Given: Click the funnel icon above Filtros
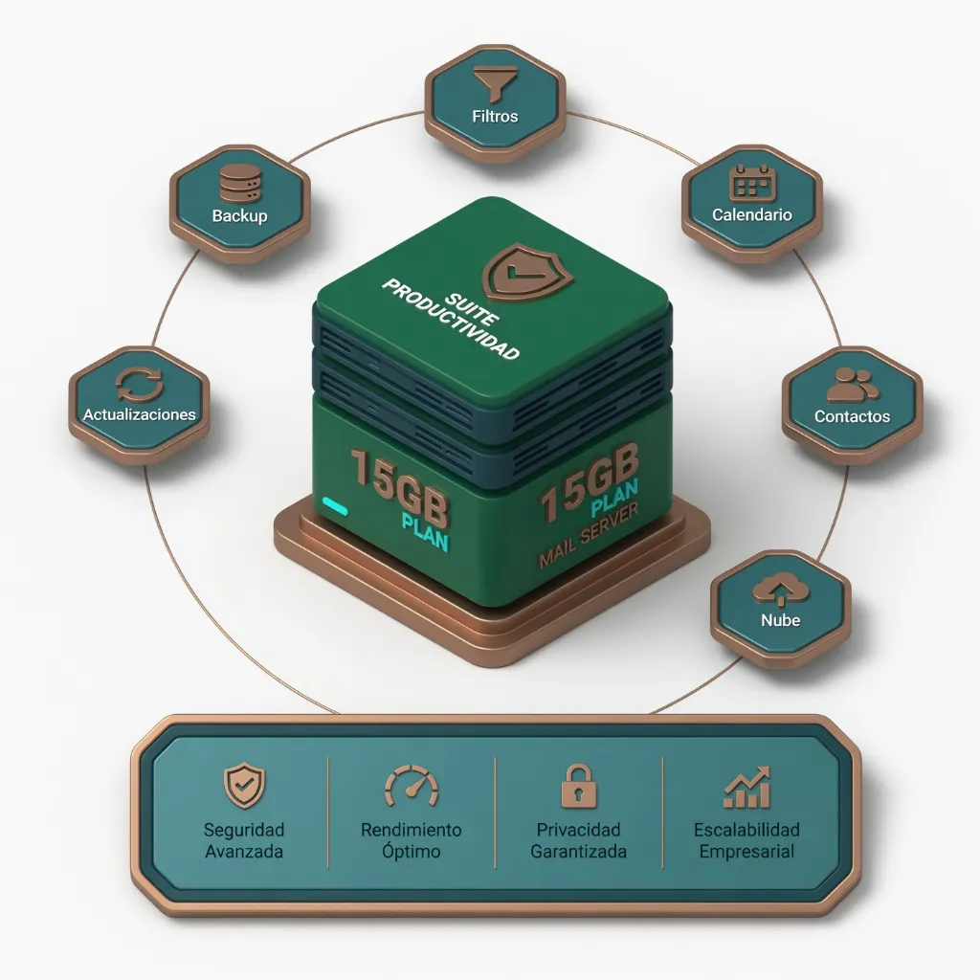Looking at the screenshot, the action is [495, 83].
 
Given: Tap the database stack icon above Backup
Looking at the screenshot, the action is [239, 183].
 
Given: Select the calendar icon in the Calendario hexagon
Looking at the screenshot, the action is [752, 184].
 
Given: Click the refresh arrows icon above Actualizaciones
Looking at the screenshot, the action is [140, 385].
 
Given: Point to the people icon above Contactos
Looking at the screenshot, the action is [852, 385].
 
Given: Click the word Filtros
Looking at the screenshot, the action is [495, 116].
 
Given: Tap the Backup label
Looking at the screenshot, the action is [239, 216].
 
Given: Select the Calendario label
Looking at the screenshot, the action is [752, 215].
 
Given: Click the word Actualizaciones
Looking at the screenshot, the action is [140, 414].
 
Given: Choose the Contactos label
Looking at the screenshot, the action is [852, 416].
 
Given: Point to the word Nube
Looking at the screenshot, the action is [781, 620].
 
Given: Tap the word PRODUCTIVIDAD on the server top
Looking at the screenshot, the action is [451, 319].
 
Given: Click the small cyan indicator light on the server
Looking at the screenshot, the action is [334, 505].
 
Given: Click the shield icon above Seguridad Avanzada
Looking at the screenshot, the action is [244, 785].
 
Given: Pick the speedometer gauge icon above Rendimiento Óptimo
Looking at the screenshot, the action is [412, 786].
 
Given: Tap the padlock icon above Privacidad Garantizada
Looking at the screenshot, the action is [579, 786].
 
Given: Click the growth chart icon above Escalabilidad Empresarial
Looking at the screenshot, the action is [746, 787].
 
